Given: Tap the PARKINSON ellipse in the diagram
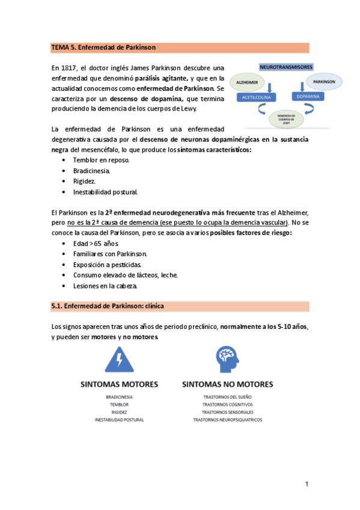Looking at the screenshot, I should (325, 81).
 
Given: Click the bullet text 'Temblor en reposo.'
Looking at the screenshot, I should (101, 160).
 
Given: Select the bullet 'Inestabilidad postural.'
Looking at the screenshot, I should (106, 192).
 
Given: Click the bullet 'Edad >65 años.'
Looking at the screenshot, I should (96, 243).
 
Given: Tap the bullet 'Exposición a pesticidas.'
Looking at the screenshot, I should (108, 265).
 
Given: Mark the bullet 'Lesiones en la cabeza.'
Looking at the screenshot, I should (105, 286).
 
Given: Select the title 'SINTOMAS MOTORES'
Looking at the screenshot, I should (120, 384).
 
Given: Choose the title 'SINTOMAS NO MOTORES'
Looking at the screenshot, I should (227, 384).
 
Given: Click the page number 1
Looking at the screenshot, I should (307, 484).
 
